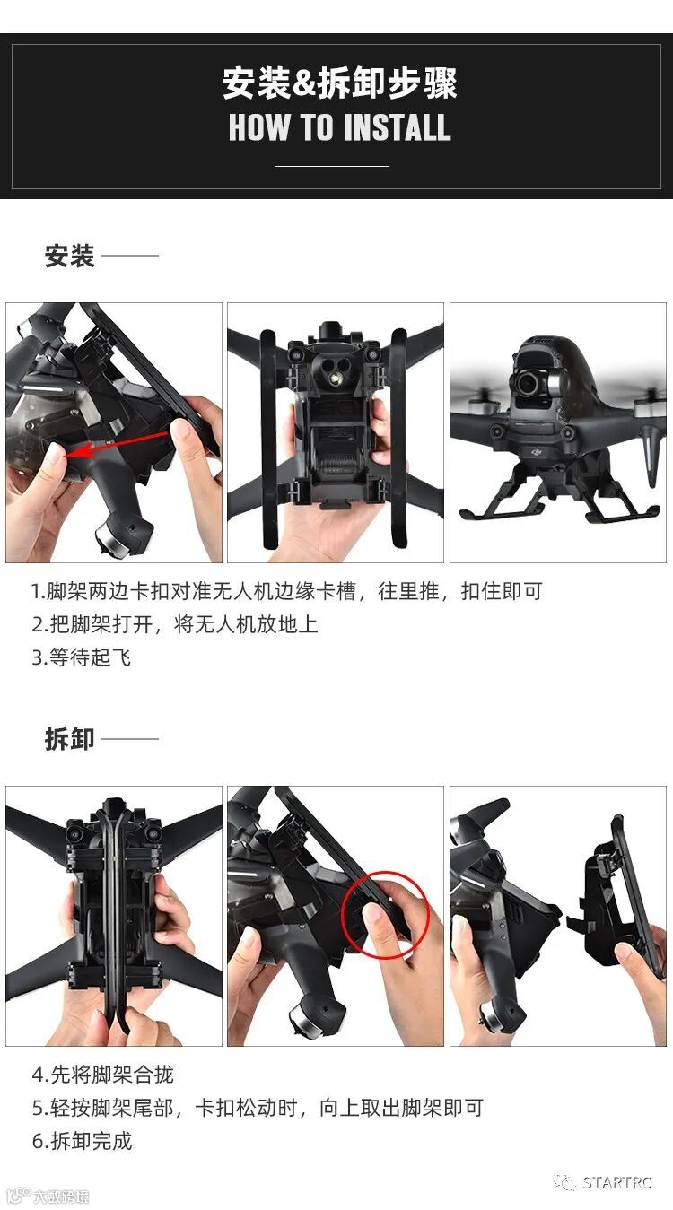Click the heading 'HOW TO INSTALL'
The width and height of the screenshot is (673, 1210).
coord(339,127)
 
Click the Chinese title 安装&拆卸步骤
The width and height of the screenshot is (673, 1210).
coord(339,83)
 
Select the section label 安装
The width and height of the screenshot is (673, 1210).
coord(69,256)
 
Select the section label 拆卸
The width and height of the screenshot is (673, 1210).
coord(69,739)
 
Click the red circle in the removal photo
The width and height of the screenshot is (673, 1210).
coord(386,915)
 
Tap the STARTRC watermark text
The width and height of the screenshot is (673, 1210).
coord(616,1182)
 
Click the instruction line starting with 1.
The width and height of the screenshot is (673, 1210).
coord(286,591)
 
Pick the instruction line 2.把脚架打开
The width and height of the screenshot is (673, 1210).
coord(175,624)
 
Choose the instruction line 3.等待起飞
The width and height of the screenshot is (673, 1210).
coord(81,657)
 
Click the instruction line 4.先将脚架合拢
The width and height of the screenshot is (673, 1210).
coord(102,1075)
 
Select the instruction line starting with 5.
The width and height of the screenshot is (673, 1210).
coord(258,1108)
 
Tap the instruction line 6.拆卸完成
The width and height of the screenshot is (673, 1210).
coord(82,1141)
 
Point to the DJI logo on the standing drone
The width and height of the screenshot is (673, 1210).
coord(537,451)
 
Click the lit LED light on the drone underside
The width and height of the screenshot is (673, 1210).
coord(335,377)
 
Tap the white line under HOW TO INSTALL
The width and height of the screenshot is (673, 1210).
coord(332,166)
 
